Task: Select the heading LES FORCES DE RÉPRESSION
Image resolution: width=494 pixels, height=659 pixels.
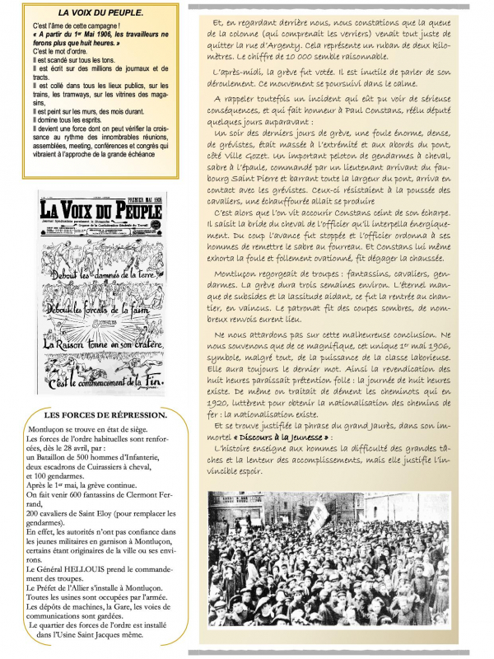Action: click(x=105, y=415)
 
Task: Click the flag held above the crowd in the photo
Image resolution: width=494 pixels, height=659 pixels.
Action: click(x=316, y=518)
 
